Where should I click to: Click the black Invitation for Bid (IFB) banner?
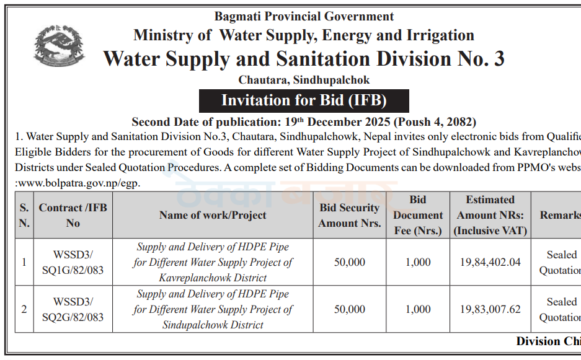(304, 100)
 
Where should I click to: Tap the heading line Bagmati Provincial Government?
(304, 16)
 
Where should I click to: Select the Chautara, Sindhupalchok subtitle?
(304, 80)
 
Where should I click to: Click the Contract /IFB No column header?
(73, 215)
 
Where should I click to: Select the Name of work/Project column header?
(213, 215)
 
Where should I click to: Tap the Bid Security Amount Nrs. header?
(350, 215)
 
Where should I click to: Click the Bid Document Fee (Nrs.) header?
(418, 215)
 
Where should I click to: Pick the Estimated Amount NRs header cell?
(490, 215)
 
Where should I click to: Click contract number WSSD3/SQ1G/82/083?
(73, 262)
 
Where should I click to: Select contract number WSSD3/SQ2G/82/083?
(73, 309)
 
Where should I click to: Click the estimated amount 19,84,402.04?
(490, 262)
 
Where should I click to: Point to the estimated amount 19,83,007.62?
(490, 309)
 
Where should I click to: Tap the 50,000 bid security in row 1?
(350, 262)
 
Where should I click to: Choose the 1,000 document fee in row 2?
(418, 309)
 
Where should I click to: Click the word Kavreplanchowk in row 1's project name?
(195, 278)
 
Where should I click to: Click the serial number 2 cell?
(24, 309)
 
